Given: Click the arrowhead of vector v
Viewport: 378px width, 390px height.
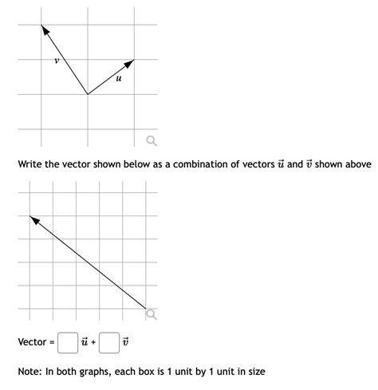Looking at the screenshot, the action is (x=45, y=30).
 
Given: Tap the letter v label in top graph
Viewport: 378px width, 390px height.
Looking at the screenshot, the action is (x=57, y=59).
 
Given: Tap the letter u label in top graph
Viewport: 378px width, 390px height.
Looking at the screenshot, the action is (x=118, y=78).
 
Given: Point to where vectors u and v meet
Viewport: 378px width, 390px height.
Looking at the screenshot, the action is (x=88, y=94).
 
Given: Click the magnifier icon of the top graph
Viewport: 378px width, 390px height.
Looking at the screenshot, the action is (x=150, y=142).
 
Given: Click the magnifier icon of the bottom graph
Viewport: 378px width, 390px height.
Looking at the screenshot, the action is (x=151, y=314).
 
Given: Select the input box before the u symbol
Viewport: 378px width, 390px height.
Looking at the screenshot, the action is (x=68, y=343).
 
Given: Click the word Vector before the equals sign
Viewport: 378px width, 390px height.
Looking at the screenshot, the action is (x=32, y=343).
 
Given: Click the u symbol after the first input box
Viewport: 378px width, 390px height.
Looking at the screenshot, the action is (x=83, y=343).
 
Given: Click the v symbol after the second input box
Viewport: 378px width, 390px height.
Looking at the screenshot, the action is (x=124, y=343).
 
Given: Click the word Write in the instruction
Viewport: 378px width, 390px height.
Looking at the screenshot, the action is (x=30, y=164).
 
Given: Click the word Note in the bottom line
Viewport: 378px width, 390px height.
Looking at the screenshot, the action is (x=30, y=372).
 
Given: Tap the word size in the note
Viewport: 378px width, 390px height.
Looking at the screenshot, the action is (x=255, y=372).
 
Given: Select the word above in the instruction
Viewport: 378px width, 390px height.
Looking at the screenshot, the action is (x=356, y=164).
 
